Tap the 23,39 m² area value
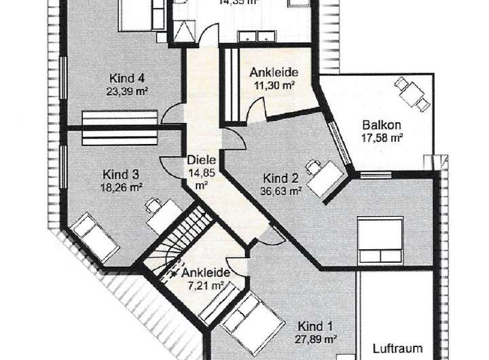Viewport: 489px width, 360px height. [x=127, y=90]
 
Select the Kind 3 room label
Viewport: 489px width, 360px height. [x=120, y=173]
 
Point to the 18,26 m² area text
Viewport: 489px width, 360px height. [x=122, y=185]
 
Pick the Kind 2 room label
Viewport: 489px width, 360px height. [x=281, y=179]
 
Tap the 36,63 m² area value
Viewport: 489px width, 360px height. [x=280, y=191]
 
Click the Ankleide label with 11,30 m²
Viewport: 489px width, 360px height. [x=274, y=73]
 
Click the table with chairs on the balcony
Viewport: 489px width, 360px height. [x=413, y=93]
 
